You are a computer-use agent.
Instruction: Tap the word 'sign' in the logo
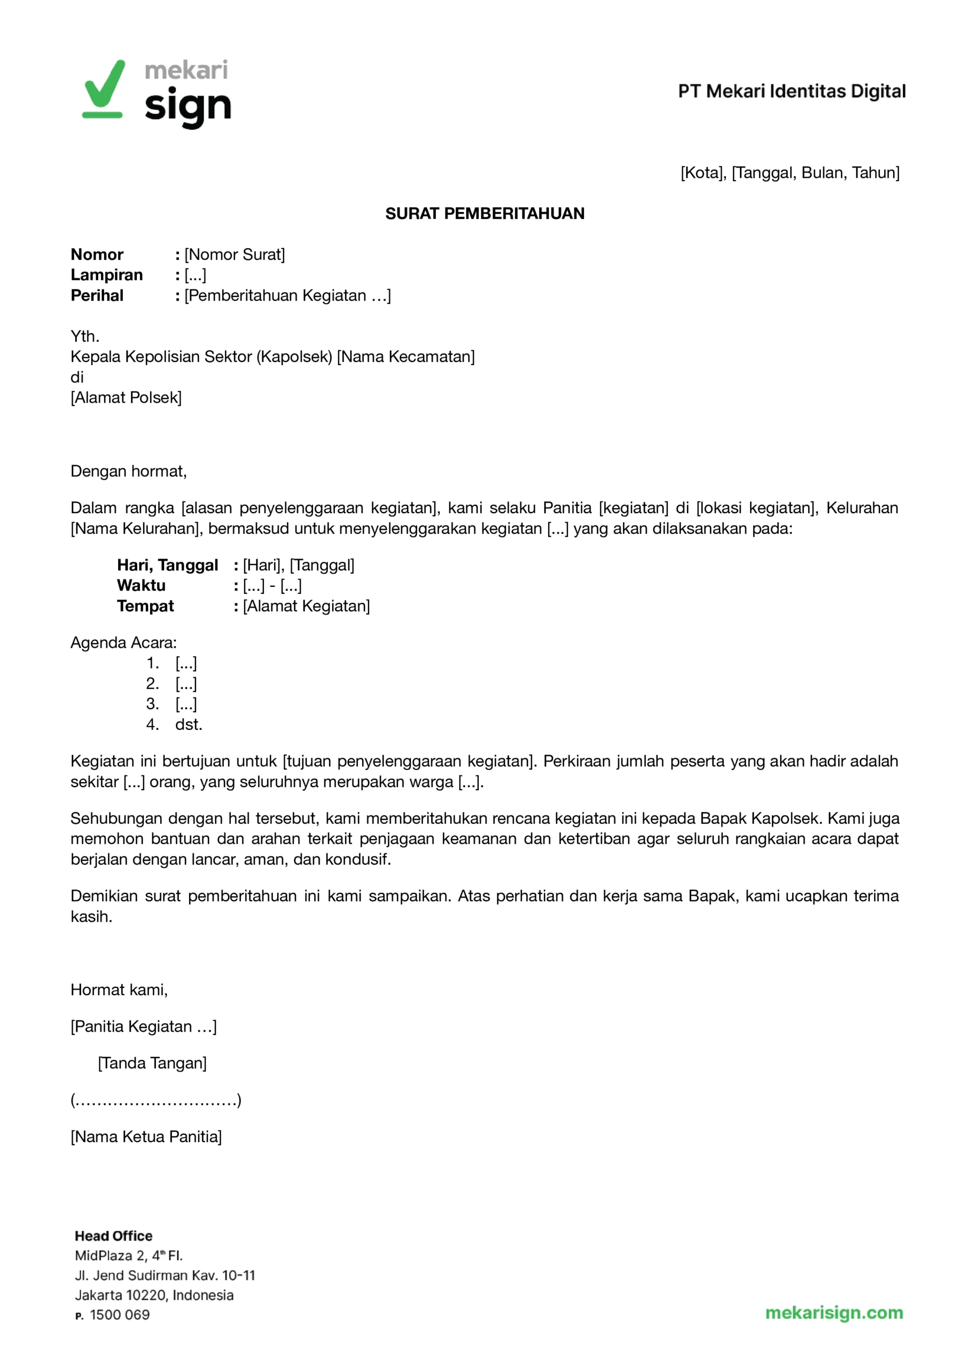coord(188,107)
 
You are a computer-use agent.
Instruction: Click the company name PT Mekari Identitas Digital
coord(792,91)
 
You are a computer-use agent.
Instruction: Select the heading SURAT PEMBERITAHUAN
coord(485,213)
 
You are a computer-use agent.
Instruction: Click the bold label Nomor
coord(97,254)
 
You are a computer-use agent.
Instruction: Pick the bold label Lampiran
coord(107,274)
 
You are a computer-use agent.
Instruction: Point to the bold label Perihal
coord(97,295)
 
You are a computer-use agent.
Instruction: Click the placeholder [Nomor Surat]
coord(235,254)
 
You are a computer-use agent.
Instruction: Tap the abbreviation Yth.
coord(84,336)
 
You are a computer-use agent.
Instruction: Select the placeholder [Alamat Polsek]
coord(126,397)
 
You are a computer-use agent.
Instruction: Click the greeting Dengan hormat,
coord(129,471)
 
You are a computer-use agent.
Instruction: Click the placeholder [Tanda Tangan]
coord(153,1063)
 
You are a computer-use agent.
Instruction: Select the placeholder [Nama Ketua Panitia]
coord(146,1136)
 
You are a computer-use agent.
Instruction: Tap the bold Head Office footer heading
coord(113,1236)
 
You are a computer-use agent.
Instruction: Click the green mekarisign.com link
coord(834,1312)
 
